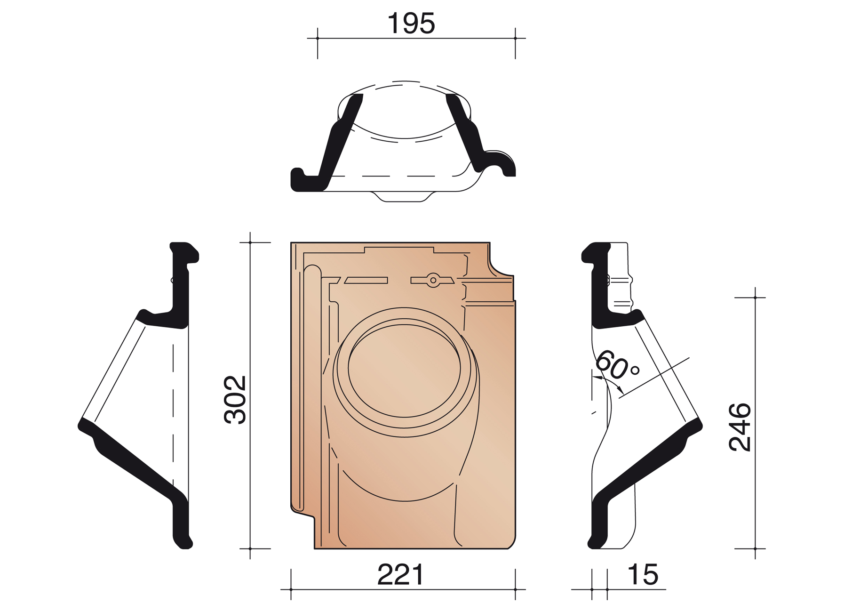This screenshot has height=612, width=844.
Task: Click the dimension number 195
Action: pyautogui.click(x=411, y=24)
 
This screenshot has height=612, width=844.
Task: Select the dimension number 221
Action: pyautogui.click(x=400, y=575)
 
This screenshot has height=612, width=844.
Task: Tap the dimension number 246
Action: pyautogui.click(x=740, y=427)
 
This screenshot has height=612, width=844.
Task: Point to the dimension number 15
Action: pyautogui.click(x=643, y=575)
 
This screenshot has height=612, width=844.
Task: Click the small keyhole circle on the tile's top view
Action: pyautogui.click(x=433, y=280)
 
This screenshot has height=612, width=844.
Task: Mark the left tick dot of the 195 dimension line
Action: pyautogui.click(x=318, y=38)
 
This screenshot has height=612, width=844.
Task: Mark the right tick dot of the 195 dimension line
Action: pyautogui.click(x=516, y=38)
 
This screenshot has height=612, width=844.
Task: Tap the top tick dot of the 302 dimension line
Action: pyautogui.click(x=250, y=242)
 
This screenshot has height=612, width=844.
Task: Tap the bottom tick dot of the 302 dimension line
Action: pyautogui.click(x=250, y=549)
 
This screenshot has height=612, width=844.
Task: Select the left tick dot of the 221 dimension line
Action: pyautogui.click(x=291, y=589)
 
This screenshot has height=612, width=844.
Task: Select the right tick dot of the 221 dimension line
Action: pyautogui.click(x=516, y=589)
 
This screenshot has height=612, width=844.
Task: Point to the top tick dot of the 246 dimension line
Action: pyautogui.click(x=755, y=298)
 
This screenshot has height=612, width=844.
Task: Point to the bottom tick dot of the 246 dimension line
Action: pyautogui.click(x=755, y=549)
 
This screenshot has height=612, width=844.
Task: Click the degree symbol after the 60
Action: pyautogui.click(x=635, y=370)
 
